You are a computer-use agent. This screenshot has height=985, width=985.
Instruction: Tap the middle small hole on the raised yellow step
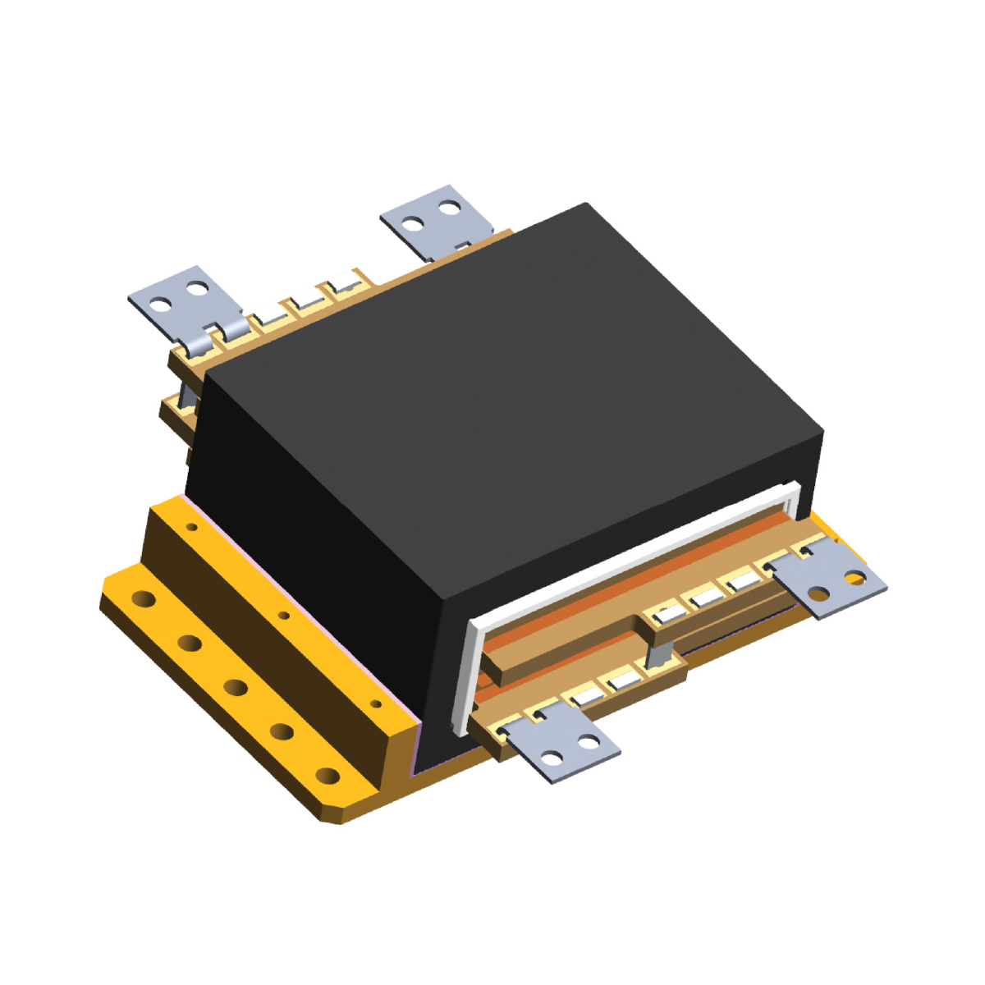[x=284, y=615]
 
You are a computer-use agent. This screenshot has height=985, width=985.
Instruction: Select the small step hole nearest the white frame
[x=376, y=703]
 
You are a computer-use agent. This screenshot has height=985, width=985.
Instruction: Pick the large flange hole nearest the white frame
[x=327, y=775]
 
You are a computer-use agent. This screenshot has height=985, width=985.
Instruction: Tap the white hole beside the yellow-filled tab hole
[x=818, y=592]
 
